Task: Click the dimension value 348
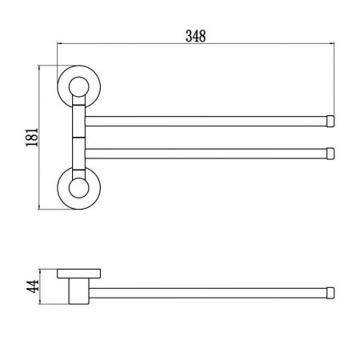click(x=195, y=36)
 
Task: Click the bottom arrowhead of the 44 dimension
click(x=39, y=302)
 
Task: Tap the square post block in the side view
click(x=77, y=289)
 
